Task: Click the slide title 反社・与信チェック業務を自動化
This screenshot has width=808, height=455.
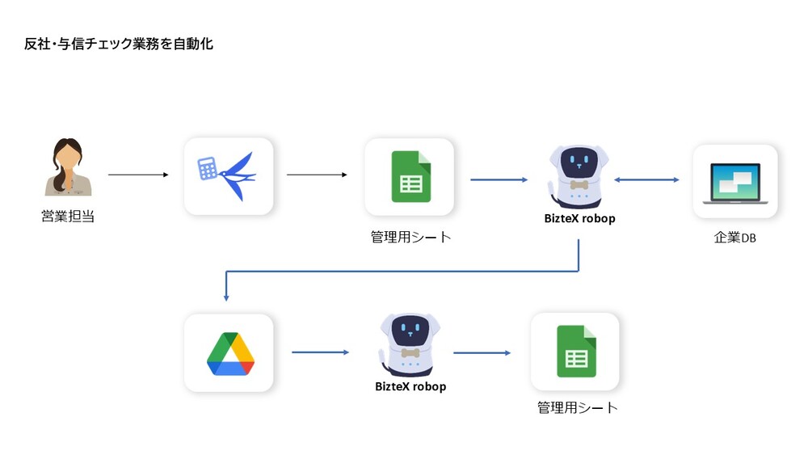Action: pyautogui.click(x=119, y=44)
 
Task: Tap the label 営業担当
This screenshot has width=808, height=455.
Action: pyautogui.click(x=68, y=217)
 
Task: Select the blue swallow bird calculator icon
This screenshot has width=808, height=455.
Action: pyautogui.click(x=228, y=175)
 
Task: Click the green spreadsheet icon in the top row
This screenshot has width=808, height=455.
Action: pyautogui.click(x=410, y=176)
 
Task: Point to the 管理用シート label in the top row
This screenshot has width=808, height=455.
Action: pyautogui.click(x=410, y=237)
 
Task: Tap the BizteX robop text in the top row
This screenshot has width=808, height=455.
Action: pyautogui.click(x=578, y=218)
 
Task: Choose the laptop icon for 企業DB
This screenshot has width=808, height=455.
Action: pyautogui.click(x=734, y=182)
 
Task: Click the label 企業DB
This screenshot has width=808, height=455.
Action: pyautogui.click(x=734, y=238)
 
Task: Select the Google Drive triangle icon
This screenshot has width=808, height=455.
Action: pyautogui.click(x=229, y=353)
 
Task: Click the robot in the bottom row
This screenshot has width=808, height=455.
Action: pyautogui.click(x=410, y=343)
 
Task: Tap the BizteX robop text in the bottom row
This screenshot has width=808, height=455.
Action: pyautogui.click(x=410, y=386)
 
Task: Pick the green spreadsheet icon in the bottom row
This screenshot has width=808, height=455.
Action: pyautogui.click(x=576, y=352)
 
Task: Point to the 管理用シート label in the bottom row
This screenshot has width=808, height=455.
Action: pyautogui.click(x=577, y=407)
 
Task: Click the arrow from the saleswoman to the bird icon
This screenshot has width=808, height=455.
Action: pyautogui.click(x=137, y=175)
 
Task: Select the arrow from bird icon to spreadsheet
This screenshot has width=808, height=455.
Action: pyautogui.click(x=317, y=175)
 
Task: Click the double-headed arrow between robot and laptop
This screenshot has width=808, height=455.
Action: pyautogui.click(x=647, y=179)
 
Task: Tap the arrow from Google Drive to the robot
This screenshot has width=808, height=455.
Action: pyautogui.click(x=320, y=352)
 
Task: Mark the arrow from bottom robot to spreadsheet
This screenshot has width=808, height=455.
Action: pyautogui.click(x=482, y=353)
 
